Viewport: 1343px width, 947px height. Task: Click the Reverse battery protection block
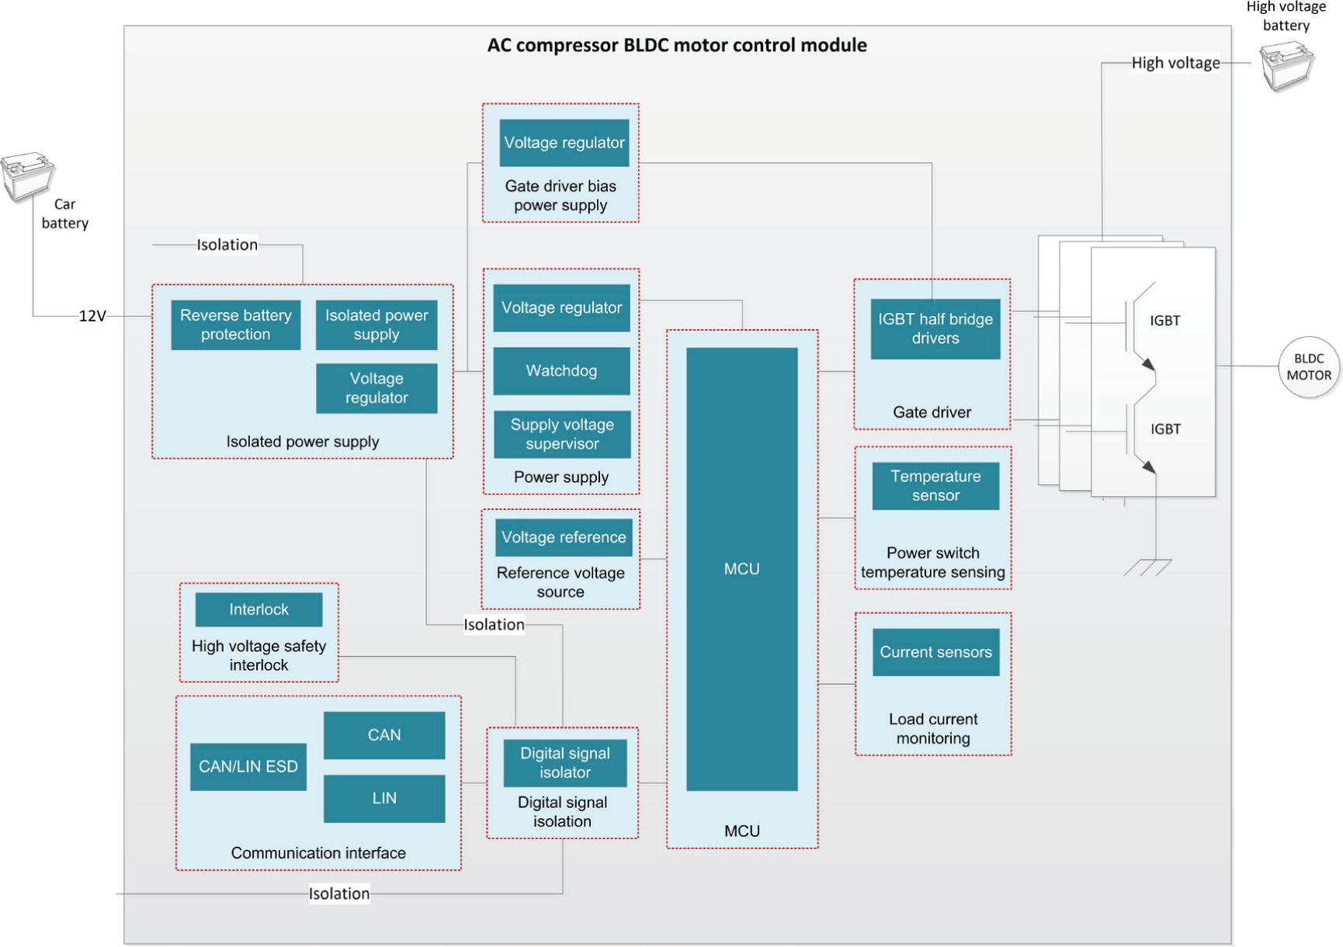point(235,324)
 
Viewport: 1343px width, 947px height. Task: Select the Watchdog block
point(561,371)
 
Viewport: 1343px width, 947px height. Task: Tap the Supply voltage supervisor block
point(562,434)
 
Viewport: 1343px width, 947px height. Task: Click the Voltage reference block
point(564,537)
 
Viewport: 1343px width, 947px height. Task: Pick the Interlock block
point(259,609)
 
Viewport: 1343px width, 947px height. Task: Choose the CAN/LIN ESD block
point(248,767)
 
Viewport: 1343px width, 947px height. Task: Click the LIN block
point(384,798)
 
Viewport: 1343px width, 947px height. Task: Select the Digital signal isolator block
point(565,762)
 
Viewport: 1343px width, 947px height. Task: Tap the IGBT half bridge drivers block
point(935,328)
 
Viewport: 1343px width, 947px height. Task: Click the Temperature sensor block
point(935,486)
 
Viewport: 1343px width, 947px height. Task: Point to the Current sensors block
point(935,652)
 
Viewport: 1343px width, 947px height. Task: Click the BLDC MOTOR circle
point(1309,367)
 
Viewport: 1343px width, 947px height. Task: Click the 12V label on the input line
point(92,316)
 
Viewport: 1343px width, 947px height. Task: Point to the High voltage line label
point(1175,63)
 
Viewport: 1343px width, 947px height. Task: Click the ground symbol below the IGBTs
point(1148,567)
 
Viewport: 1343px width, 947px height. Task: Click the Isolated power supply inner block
point(377,324)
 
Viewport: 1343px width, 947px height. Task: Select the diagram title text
point(677,45)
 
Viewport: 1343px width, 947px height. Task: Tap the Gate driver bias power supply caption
point(560,196)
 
